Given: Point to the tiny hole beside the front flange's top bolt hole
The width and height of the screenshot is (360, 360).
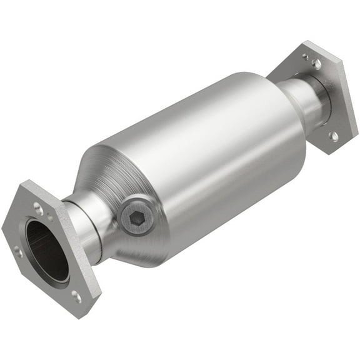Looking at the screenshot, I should click(x=49, y=217).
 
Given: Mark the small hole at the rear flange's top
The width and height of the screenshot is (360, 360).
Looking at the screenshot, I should click(x=306, y=56).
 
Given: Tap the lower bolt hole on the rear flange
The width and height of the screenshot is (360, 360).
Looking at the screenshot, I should click(x=334, y=135).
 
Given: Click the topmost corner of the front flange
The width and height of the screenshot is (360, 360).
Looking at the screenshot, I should click(x=29, y=182).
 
